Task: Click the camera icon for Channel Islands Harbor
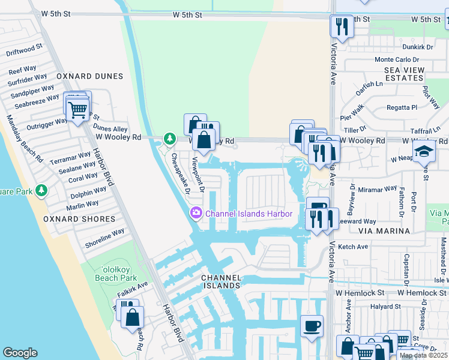click(196, 214)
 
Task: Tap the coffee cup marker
click(312, 326)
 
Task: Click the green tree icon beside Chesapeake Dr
click(170, 139)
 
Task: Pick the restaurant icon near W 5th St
click(342, 26)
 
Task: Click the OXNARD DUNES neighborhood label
click(89, 76)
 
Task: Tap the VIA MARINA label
click(384, 230)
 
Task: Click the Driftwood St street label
click(24, 49)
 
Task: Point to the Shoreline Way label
click(104, 238)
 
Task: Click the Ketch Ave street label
click(354, 247)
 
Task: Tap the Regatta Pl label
click(403, 107)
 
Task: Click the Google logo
click(20, 353)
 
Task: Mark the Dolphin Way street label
click(88, 193)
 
